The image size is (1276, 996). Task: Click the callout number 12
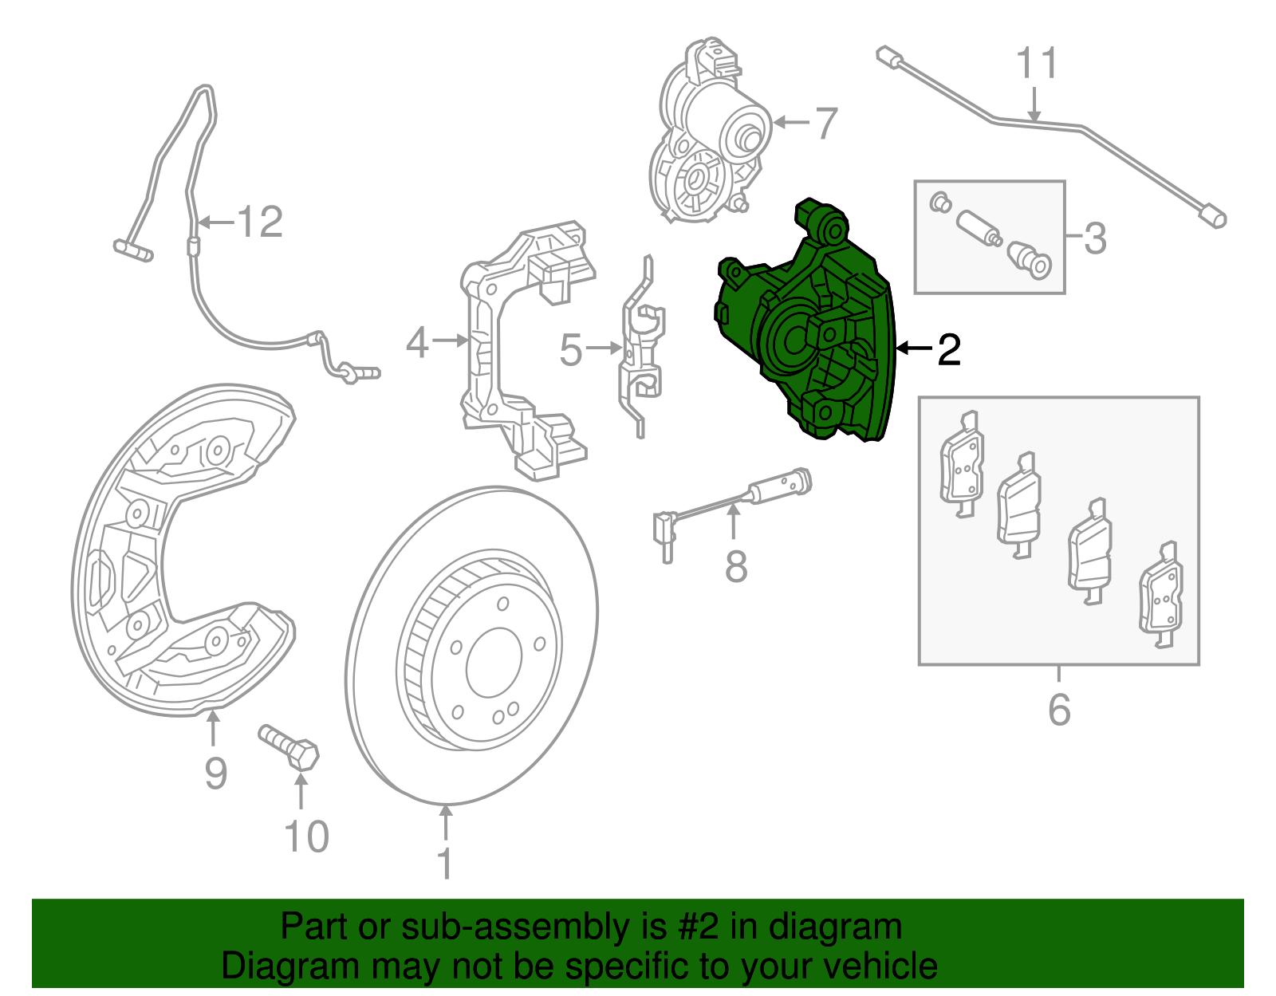(x=260, y=222)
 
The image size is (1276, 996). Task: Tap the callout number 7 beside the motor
(x=826, y=124)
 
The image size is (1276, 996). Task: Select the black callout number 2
(x=948, y=350)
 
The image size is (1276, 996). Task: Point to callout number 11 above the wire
(x=1037, y=64)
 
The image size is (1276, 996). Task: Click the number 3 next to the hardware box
(x=1095, y=238)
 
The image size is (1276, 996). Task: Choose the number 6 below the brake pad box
(x=1059, y=710)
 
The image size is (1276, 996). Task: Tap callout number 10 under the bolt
(x=306, y=837)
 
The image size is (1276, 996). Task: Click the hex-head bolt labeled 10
(x=289, y=746)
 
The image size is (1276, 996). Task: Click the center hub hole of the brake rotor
(x=494, y=662)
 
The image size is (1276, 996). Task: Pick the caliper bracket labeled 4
(x=518, y=351)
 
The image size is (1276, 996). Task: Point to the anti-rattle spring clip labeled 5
(x=643, y=351)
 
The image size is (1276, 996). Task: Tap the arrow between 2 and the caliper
(x=912, y=348)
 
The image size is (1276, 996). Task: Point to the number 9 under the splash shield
(x=215, y=773)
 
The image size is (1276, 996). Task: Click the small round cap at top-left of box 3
(x=939, y=203)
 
